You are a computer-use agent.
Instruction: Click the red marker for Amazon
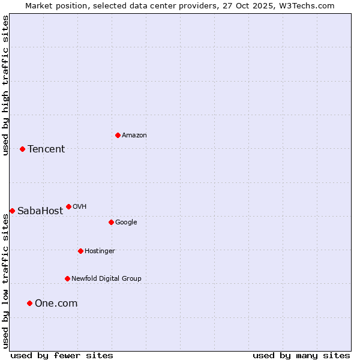[x=118, y=135]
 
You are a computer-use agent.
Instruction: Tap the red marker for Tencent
[x=22, y=149]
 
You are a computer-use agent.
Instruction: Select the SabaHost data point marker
[x=12, y=211]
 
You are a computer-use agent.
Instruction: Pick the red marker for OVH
[x=68, y=206]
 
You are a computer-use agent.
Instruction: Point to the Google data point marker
[x=111, y=222]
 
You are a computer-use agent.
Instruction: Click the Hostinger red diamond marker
[x=80, y=251]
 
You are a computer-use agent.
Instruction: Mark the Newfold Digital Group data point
[x=67, y=278]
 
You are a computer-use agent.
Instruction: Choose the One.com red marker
[x=29, y=303]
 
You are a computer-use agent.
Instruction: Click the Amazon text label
[x=134, y=136]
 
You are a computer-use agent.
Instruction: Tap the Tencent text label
[x=46, y=149]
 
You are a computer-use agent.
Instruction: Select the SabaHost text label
[x=40, y=211]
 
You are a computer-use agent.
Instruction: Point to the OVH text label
[x=80, y=207]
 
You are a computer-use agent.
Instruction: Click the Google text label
[x=126, y=223]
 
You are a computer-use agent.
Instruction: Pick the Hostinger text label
[x=100, y=251]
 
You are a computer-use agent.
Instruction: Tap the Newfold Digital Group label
[x=106, y=279]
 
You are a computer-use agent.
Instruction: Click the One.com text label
[x=56, y=304]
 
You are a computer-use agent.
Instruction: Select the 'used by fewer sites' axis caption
[x=62, y=355]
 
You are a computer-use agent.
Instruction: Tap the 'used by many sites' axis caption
[x=301, y=355]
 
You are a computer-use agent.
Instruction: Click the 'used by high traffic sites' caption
[x=6, y=85]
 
